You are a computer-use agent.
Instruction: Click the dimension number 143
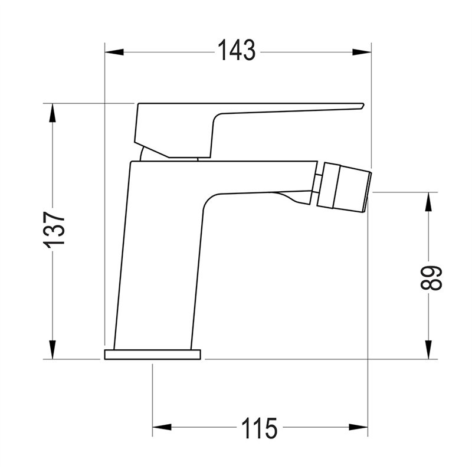click(237, 50)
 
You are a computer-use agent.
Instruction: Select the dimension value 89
click(431, 277)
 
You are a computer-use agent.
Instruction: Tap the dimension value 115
click(259, 428)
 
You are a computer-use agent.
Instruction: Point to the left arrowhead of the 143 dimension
click(114, 52)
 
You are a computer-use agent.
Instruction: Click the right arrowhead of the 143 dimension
click(362, 52)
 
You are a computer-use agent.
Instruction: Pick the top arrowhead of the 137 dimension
click(53, 113)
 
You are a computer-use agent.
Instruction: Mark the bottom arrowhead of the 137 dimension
click(53, 350)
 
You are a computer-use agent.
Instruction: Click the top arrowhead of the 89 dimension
click(428, 202)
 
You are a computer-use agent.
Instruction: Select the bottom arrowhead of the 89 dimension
click(428, 350)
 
